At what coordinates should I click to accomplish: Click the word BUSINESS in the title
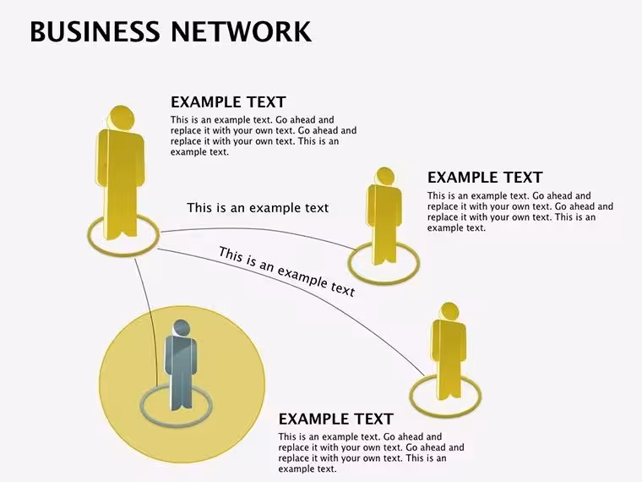pyautogui.click(x=95, y=31)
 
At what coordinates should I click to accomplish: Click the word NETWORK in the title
pyautogui.click(x=241, y=31)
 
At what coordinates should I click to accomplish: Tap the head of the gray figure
pyautogui.click(x=182, y=328)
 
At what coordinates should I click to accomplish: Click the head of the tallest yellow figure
pyautogui.click(x=122, y=118)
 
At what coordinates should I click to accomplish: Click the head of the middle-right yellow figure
pyautogui.click(x=384, y=176)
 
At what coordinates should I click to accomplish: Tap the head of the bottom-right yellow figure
pyautogui.click(x=449, y=312)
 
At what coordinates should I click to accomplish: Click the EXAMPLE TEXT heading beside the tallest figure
pyautogui.click(x=228, y=102)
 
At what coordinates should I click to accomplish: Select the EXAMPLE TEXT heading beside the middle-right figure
pyautogui.click(x=485, y=178)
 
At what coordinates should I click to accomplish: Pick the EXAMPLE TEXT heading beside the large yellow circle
pyautogui.click(x=336, y=419)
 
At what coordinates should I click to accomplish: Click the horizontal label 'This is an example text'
pyautogui.click(x=258, y=208)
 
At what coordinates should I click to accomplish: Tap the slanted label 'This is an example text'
pyautogui.click(x=286, y=271)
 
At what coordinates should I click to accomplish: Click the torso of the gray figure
pyautogui.click(x=181, y=361)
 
